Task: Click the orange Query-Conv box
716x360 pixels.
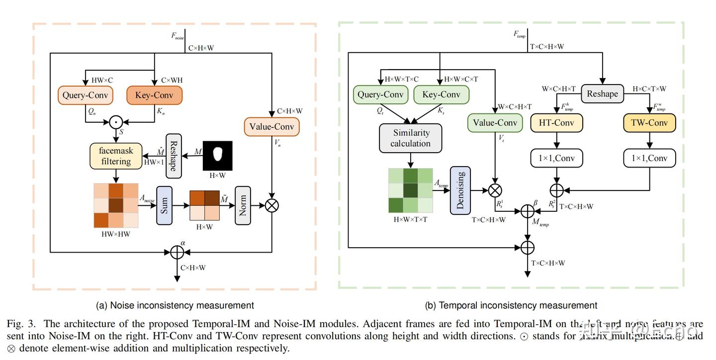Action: tap(85, 95)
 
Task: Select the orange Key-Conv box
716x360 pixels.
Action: tap(154, 95)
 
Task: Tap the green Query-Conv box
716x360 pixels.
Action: tap(380, 94)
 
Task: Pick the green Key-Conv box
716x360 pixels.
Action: tap(441, 94)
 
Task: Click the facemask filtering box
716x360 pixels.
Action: tap(116, 156)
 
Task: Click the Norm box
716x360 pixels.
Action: tap(243, 205)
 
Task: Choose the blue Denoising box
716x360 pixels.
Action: tap(460, 190)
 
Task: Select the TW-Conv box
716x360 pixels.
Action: tap(649, 123)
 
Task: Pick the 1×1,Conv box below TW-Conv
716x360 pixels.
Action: tap(649, 158)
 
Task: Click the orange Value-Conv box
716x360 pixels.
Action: tap(271, 126)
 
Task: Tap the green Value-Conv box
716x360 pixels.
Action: tap(495, 123)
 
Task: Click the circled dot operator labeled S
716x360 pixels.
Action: tap(116, 121)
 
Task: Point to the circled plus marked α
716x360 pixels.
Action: tap(177, 252)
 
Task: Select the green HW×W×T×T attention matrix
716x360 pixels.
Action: tap(410, 190)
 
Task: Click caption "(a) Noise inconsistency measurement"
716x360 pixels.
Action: tap(175, 305)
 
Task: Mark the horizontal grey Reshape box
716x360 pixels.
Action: tap(602, 94)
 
